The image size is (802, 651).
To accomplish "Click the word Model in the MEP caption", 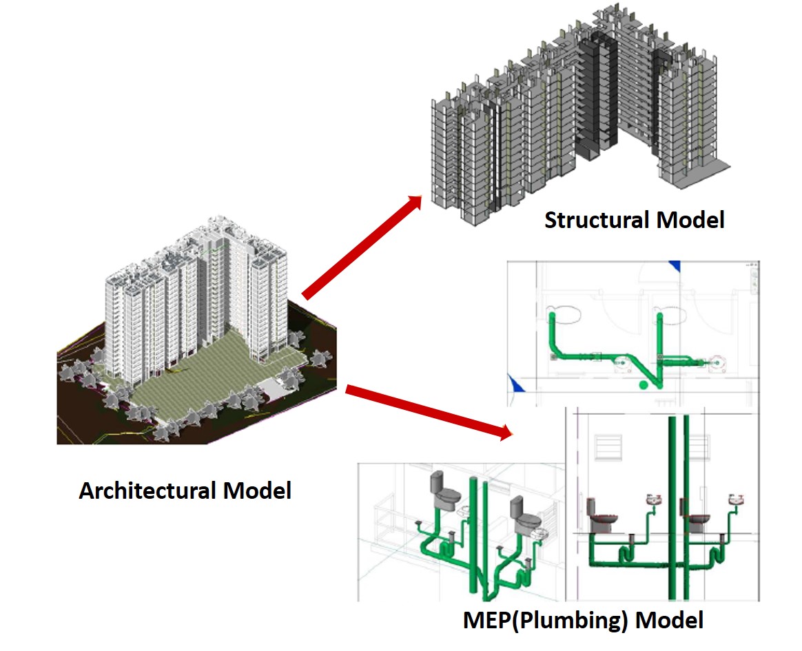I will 669,619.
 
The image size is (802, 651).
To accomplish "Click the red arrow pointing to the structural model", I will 362,247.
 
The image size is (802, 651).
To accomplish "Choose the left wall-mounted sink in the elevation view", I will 653,499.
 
